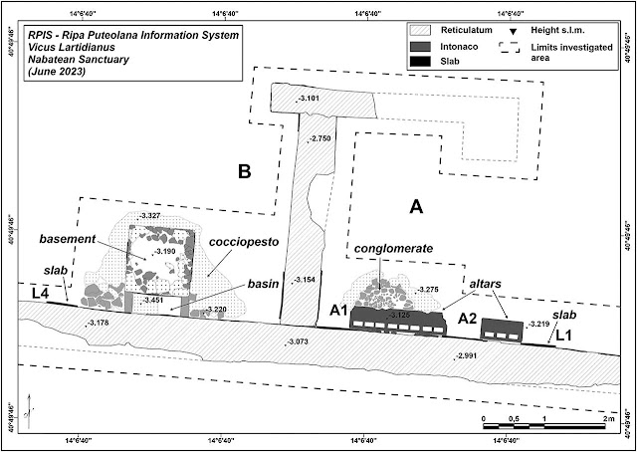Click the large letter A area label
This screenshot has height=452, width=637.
coord(417,207)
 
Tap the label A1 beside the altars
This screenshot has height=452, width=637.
coord(339,311)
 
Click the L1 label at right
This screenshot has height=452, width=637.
coord(563,337)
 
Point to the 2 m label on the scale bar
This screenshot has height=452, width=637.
coord(607,418)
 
